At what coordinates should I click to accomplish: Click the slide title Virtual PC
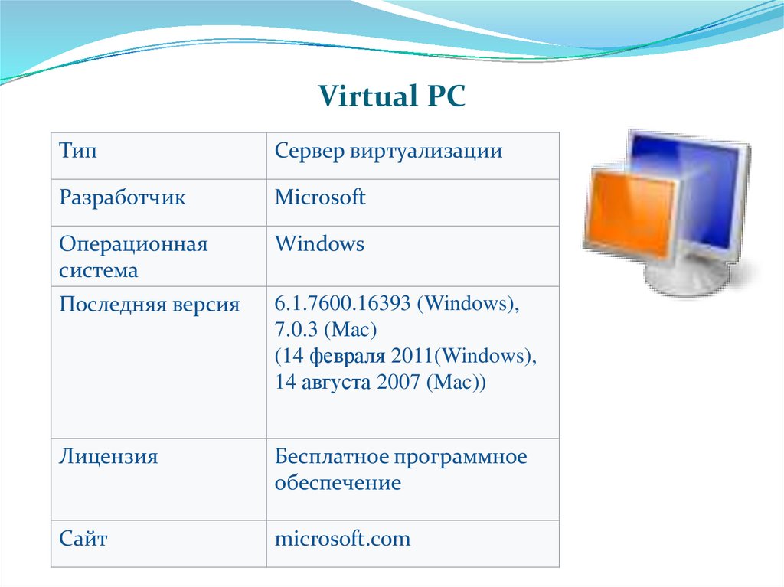[x=392, y=96]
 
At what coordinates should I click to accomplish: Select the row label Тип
[x=78, y=151]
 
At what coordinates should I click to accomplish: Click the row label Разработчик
[x=122, y=198]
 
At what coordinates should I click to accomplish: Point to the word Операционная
[x=133, y=245]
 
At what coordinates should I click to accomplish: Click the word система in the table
[x=99, y=270]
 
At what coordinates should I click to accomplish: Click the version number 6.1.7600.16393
[x=342, y=304]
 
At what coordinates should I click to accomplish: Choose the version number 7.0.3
[x=296, y=330]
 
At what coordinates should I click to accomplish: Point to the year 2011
[x=412, y=356]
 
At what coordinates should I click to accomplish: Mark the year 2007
[x=398, y=381]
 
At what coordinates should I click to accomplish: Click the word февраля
[x=348, y=357]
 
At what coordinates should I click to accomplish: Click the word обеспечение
[x=338, y=483]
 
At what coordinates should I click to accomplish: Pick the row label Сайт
[x=83, y=539]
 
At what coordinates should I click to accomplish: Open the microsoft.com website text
[x=342, y=539]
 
